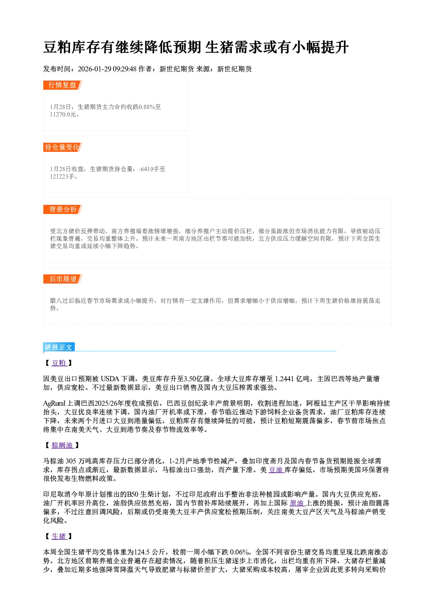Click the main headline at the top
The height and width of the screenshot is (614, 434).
tap(196, 47)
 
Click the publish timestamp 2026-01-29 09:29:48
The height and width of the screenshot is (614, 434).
tap(107, 69)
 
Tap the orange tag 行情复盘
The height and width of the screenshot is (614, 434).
tap(63, 85)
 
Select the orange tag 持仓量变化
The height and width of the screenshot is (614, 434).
tap(63, 147)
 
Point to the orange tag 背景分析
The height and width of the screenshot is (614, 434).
tap(63, 210)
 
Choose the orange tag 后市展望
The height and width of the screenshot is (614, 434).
tap(63, 279)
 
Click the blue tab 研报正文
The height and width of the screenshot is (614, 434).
tap(59, 347)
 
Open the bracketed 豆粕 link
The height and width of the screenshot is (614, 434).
tap(59, 363)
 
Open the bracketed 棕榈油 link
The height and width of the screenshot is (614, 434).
tap(63, 445)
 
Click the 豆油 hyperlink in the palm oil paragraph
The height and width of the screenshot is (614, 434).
tap(276, 470)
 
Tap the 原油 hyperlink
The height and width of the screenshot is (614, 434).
tap(297, 503)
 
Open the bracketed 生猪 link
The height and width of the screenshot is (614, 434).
tap(59, 536)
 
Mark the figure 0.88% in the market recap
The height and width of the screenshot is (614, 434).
tap(147, 107)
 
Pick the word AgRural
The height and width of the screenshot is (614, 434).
tap(54, 403)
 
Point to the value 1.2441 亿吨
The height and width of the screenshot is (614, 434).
tap(292, 379)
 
